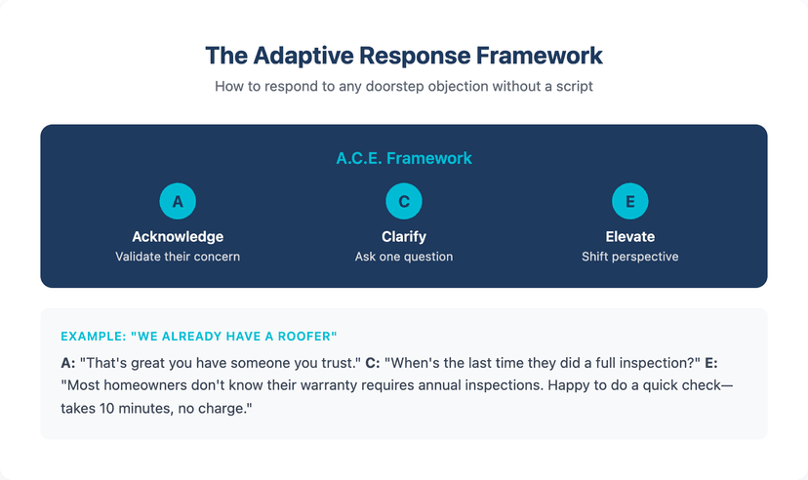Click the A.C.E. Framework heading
tap(404, 157)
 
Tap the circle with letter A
tap(178, 202)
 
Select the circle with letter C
tap(404, 202)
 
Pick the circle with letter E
tap(629, 202)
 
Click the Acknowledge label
tap(178, 236)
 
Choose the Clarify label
tap(404, 236)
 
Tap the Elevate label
tap(629, 236)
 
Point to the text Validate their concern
tap(178, 257)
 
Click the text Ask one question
tap(404, 257)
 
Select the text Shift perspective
tap(629, 257)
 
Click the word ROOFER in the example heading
tap(310, 336)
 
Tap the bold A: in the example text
tap(67, 362)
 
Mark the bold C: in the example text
tap(372, 362)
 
